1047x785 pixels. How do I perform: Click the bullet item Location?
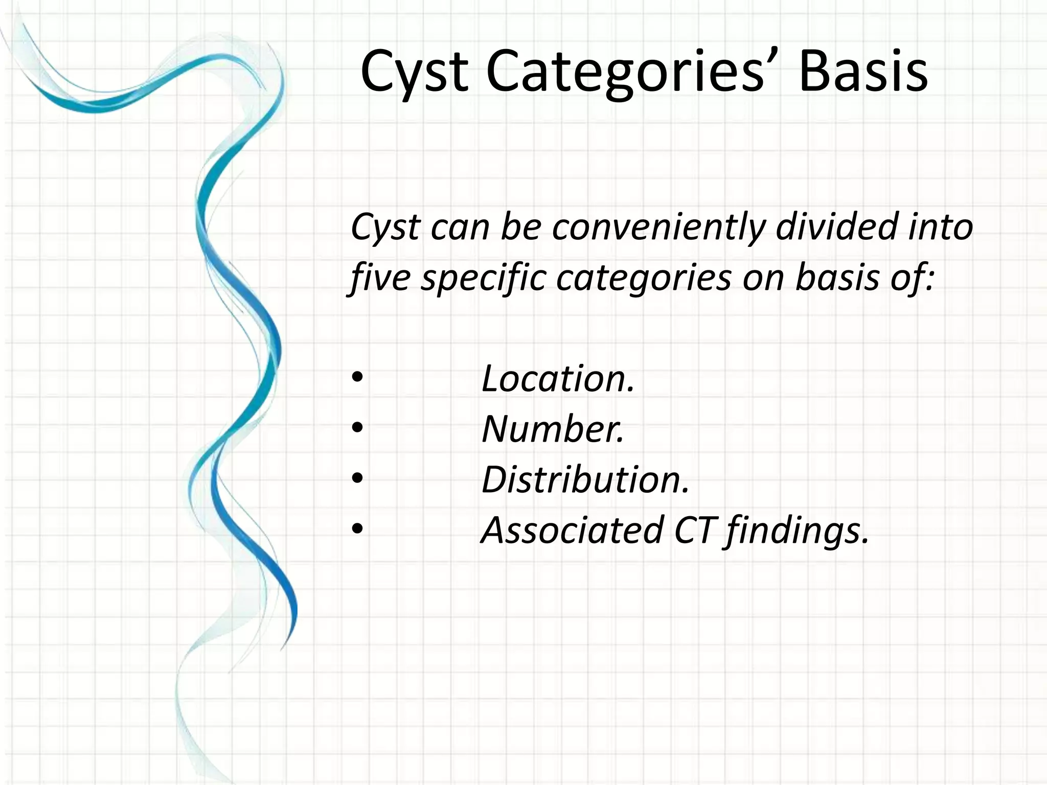(x=558, y=379)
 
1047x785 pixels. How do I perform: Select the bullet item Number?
(x=553, y=429)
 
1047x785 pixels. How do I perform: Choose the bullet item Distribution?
(x=585, y=480)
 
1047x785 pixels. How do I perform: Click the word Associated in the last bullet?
(x=572, y=530)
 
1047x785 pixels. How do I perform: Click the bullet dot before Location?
(x=357, y=378)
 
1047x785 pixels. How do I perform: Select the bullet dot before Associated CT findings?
(x=357, y=529)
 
